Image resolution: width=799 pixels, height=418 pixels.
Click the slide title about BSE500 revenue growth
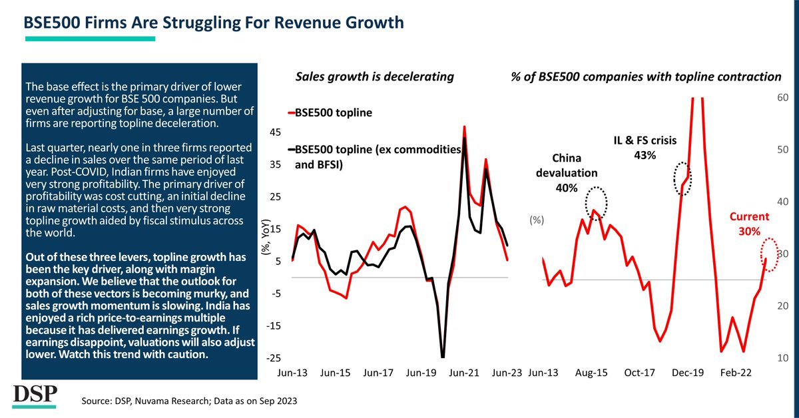coord(214,23)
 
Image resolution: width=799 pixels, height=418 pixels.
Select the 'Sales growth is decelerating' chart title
coord(374,77)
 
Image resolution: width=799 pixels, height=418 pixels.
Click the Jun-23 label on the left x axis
coord(507,374)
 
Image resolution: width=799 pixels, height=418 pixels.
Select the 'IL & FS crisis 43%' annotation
coord(645,147)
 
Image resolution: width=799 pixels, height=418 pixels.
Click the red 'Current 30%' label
coord(750,223)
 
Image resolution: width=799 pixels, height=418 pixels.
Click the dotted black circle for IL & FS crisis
coord(682,178)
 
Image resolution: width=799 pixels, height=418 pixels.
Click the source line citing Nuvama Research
coord(189,402)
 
